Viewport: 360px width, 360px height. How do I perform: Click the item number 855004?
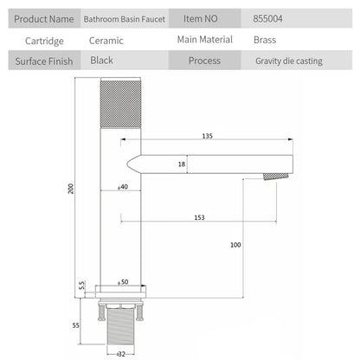(x=267, y=19)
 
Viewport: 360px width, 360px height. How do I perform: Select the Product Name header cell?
(x=44, y=19)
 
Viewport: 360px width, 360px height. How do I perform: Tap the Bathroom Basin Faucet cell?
(x=125, y=19)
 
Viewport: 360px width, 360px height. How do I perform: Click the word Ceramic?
(x=106, y=41)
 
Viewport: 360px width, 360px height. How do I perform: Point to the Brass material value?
(x=265, y=40)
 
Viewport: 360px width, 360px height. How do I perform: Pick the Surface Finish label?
(x=44, y=61)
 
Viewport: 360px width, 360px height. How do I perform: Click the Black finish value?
(x=101, y=61)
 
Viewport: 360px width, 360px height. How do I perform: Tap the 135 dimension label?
(x=207, y=136)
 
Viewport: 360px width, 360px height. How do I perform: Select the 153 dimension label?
(x=199, y=217)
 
